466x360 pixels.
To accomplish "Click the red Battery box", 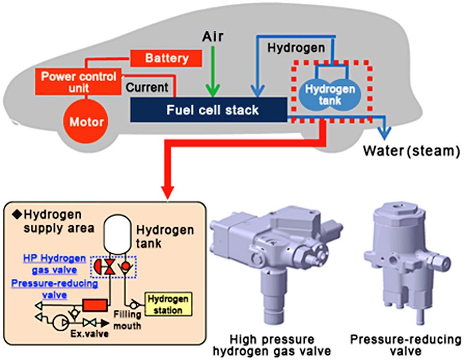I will point(166,58).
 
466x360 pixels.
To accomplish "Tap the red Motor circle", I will point(86,122).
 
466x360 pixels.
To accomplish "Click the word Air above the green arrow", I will point(213,37).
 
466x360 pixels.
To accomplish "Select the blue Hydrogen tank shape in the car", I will point(330,94).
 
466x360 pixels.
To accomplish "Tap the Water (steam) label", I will point(411,151).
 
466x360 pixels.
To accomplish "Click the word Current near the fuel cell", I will point(147,88).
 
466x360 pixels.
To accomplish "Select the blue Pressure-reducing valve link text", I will point(55,289).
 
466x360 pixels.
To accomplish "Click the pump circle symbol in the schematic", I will point(62,322).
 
